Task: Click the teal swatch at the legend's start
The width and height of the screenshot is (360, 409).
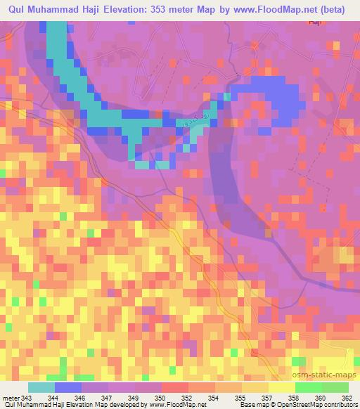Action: (41, 387)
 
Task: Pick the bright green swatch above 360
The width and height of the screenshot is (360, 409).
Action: (308, 387)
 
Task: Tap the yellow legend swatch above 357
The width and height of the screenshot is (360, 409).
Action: (281, 387)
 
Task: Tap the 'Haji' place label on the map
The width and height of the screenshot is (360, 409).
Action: (315, 23)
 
